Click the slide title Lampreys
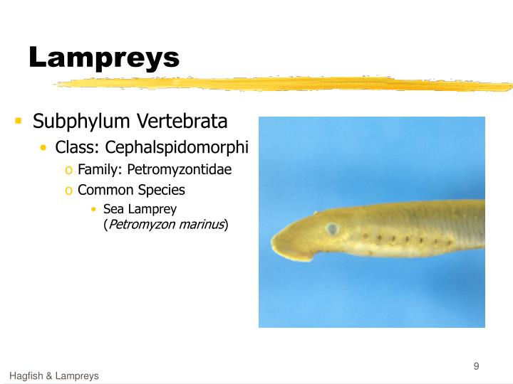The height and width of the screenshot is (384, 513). [x=104, y=57]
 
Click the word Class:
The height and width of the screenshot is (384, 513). [x=78, y=147]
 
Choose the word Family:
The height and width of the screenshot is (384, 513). [x=100, y=170]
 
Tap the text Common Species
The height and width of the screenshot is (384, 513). [x=131, y=190]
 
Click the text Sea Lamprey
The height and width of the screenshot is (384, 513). [x=140, y=209]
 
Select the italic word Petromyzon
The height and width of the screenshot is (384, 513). [x=141, y=225]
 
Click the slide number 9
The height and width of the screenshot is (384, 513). [x=476, y=366]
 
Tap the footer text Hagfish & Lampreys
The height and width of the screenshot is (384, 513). [x=54, y=375]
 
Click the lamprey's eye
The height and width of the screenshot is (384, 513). [x=332, y=229]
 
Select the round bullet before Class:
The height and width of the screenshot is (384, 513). [x=44, y=148]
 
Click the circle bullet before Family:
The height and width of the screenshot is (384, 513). [x=68, y=171]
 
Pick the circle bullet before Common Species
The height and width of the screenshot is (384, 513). [x=68, y=191]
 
